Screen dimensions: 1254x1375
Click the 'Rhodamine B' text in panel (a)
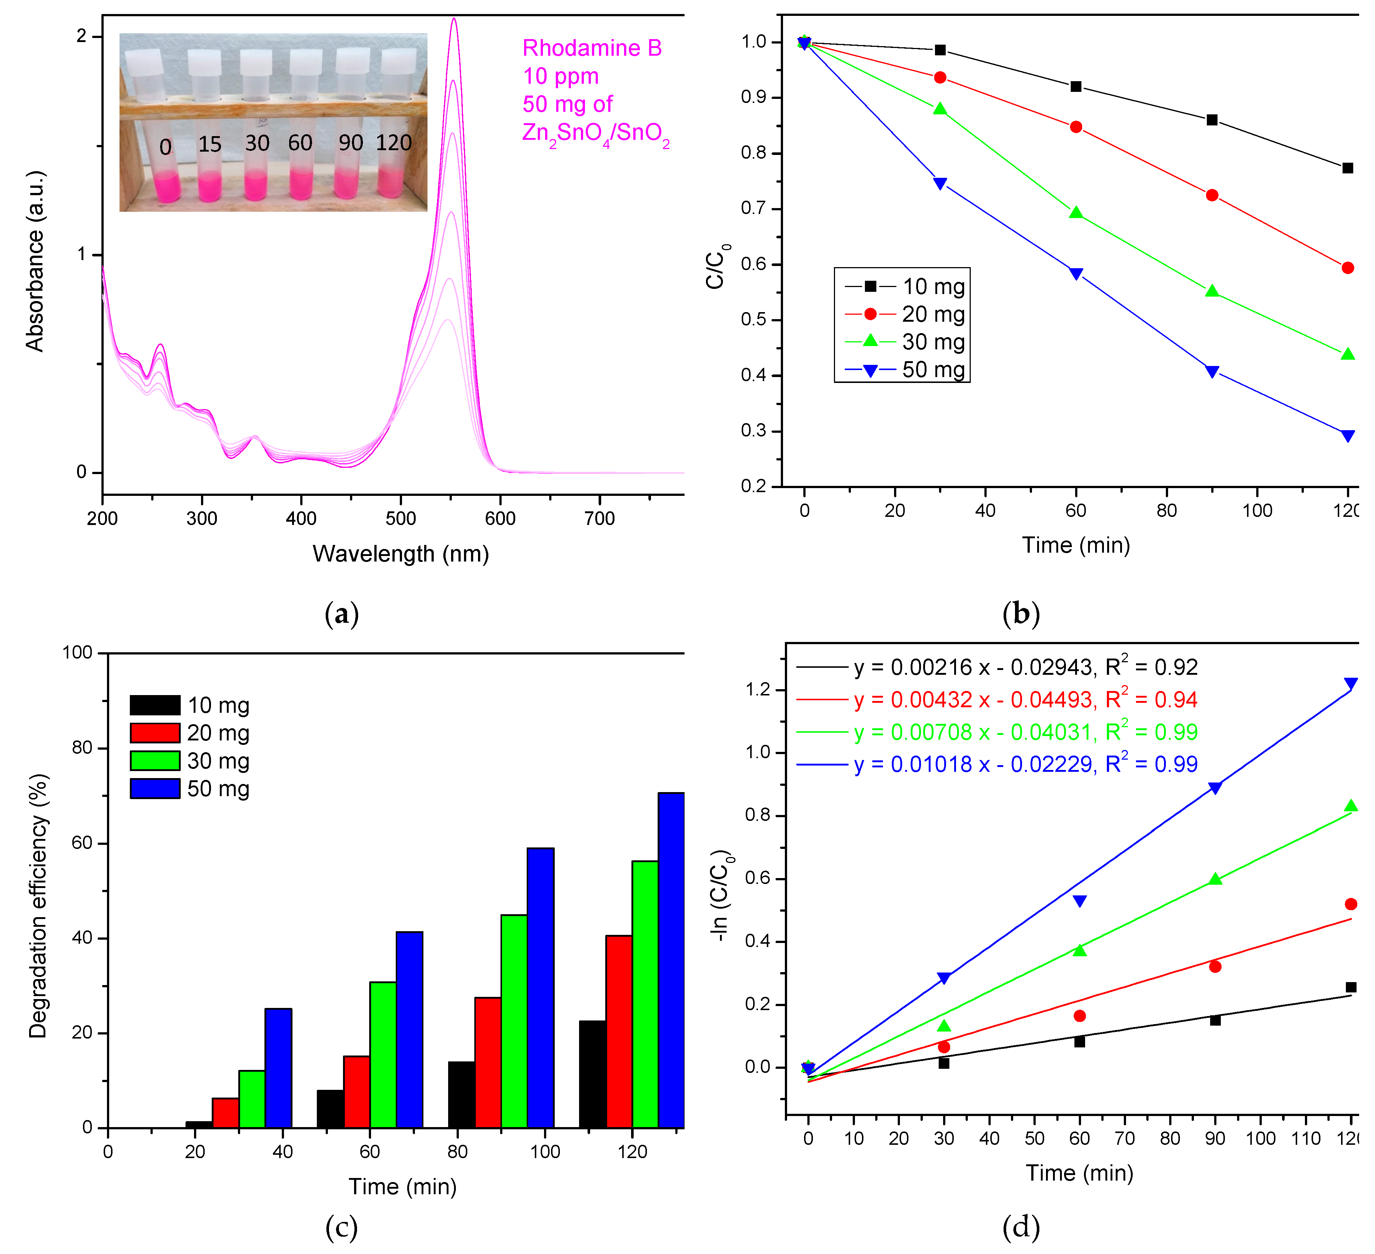(x=591, y=48)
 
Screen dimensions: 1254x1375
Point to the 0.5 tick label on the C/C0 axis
(x=753, y=320)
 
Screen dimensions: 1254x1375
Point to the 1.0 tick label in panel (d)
(x=757, y=753)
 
